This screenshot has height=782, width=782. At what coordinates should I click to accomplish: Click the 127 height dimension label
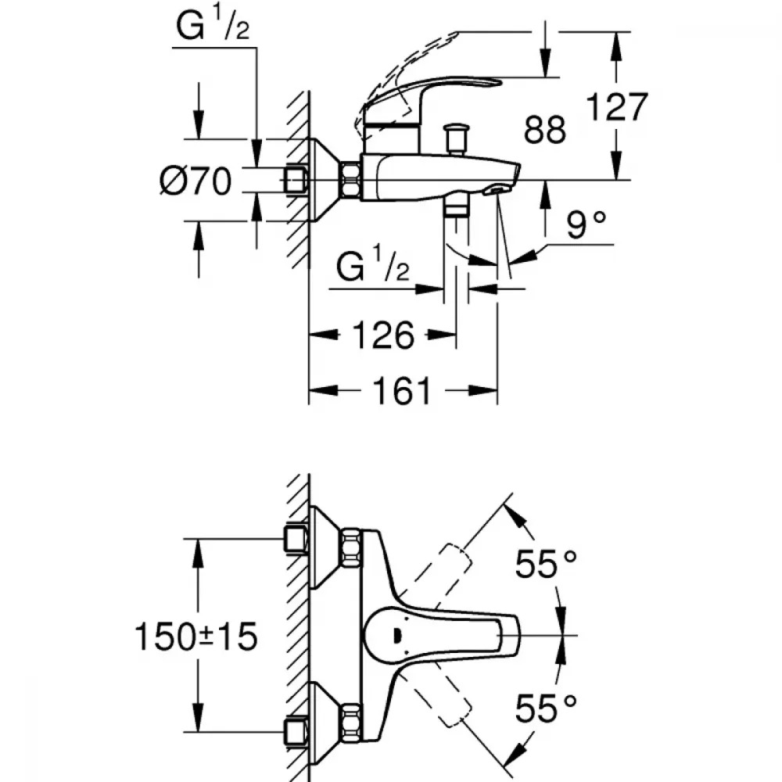pos(617,106)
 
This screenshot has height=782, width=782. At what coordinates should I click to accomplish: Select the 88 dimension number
pos(544,129)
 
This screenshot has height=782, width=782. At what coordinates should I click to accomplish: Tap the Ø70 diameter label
pos(195,181)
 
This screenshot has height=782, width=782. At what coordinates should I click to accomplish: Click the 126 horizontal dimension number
pos(383,335)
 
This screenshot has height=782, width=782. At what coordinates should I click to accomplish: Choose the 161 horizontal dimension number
pos(402,391)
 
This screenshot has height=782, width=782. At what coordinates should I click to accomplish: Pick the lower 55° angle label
pos(546,708)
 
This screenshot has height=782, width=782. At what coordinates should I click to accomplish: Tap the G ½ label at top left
pos(213,25)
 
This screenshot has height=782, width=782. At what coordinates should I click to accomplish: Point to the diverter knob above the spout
pos(456,139)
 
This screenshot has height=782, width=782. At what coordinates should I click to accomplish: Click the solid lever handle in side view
pos(429,105)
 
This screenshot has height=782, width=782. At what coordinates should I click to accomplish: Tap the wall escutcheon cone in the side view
pos(325,180)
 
